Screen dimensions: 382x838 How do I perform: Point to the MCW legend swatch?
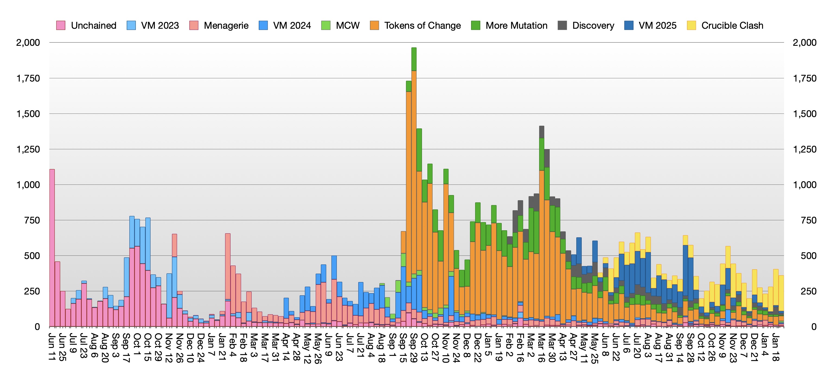coord(326,25)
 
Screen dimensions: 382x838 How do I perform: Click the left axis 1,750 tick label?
coord(28,78)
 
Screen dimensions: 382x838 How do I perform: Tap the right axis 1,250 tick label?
coord(804,149)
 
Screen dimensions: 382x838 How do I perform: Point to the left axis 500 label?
coord(32,256)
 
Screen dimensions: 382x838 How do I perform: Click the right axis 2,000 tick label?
coord(804,43)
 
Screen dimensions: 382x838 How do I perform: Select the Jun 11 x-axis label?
coord(52,347)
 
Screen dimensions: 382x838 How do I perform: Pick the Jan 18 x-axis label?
coord(776,347)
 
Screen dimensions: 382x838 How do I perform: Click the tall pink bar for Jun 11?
coord(52,247)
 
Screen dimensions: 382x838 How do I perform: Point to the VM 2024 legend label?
coord(292,25)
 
